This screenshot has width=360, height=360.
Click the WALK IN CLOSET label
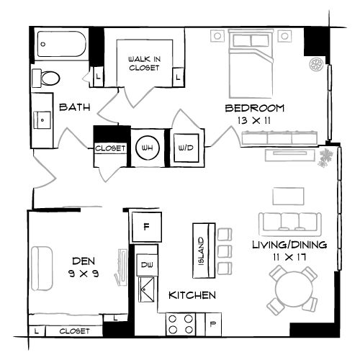pyautogui.click(x=144, y=63)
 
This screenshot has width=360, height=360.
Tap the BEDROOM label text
pyautogui.click(x=255, y=109)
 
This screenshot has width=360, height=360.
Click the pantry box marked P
pyautogui.click(x=214, y=323)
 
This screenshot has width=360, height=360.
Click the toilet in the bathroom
pyautogui.click(x=49, y=78)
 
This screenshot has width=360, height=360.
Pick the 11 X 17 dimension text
pyautogui.click(x=289, y=256)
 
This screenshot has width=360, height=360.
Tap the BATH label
pyautogui.click(x=74, y=108)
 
